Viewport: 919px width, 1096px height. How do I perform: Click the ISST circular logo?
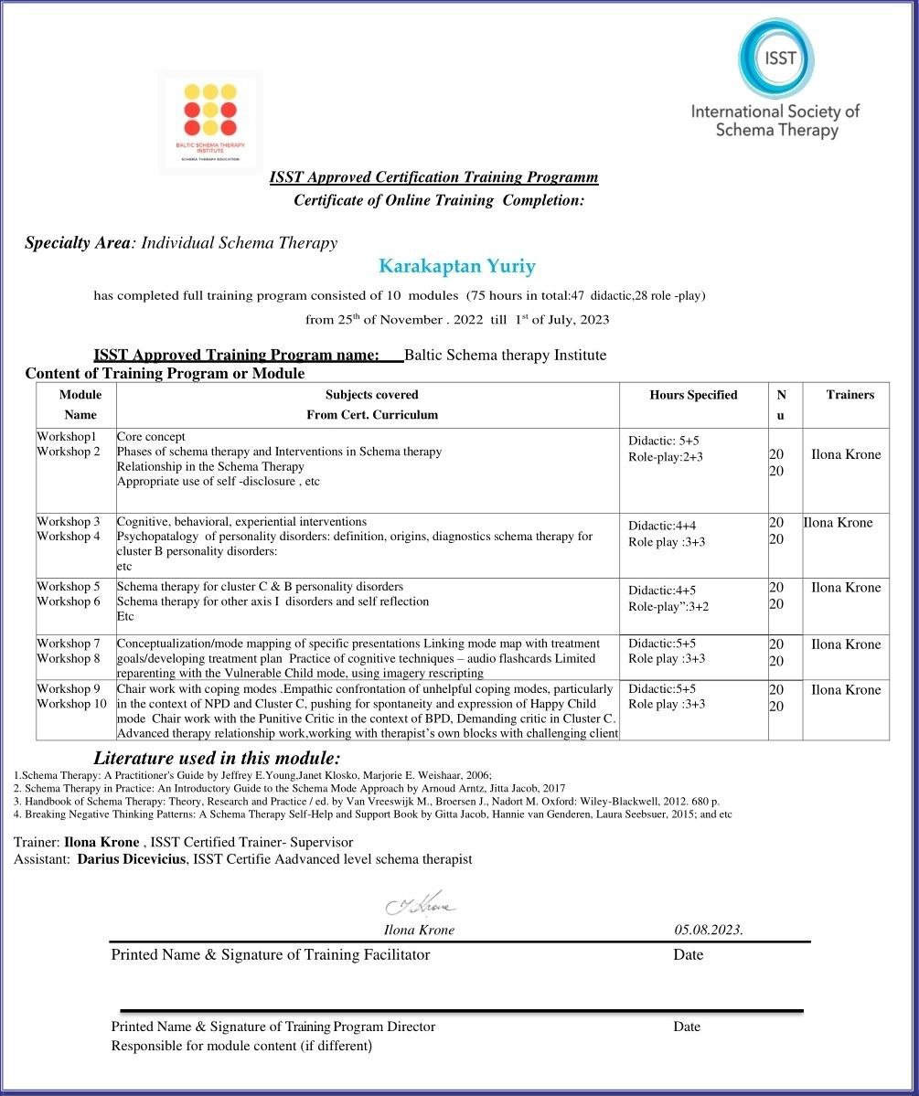coord(775,59)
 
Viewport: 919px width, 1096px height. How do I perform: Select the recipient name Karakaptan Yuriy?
coord(457,267)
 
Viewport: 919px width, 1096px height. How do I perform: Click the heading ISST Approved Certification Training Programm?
coord(434,177)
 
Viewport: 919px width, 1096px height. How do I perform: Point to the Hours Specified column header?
coord(693,395)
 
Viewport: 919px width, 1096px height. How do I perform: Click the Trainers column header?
coord(850,395)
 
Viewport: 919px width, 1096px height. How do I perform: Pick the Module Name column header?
coord(80,404)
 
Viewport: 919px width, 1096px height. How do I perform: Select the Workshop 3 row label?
coord(68,522)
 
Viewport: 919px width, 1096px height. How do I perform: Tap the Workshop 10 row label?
coord(71,704)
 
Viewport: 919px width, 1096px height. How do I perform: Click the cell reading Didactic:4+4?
coord(661,526)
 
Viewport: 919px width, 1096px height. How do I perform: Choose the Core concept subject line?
coord(151,437)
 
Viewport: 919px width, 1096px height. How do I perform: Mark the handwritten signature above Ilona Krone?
coord(421,904)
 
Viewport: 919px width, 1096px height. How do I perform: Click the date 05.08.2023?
coord(709,930)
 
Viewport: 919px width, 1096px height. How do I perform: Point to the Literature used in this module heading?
coord(217,758)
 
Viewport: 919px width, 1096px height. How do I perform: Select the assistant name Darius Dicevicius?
coord(134,859)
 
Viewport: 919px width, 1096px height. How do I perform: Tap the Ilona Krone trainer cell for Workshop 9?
coord(846,690)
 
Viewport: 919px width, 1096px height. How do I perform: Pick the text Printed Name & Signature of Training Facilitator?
coord(270,954)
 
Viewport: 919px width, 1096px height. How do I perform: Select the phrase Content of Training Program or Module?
coord(165,373)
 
